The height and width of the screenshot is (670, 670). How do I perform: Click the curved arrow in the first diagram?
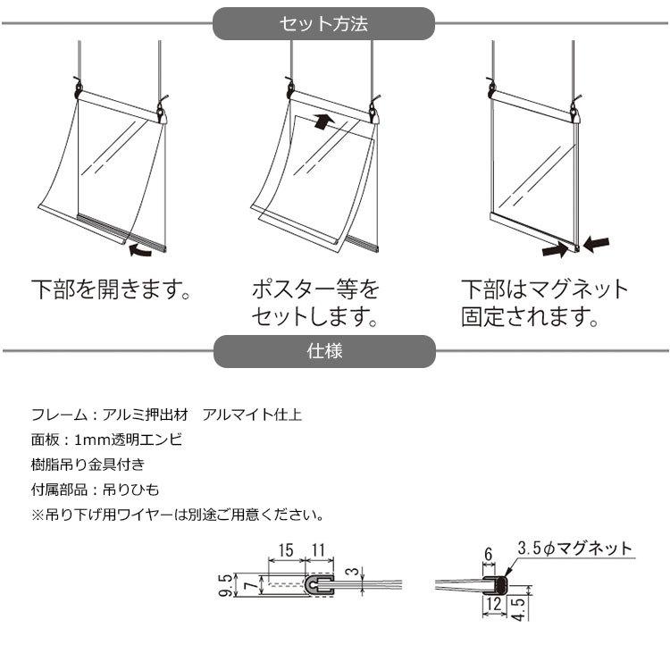(x=142, y=250)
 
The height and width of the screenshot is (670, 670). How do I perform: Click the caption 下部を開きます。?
(x=112, y=289)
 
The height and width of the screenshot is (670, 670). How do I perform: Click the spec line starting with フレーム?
(x=166, y=415)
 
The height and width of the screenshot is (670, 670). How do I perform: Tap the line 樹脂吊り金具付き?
(x=87, y=465)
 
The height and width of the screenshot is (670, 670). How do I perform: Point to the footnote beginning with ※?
(x=177, y=515)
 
